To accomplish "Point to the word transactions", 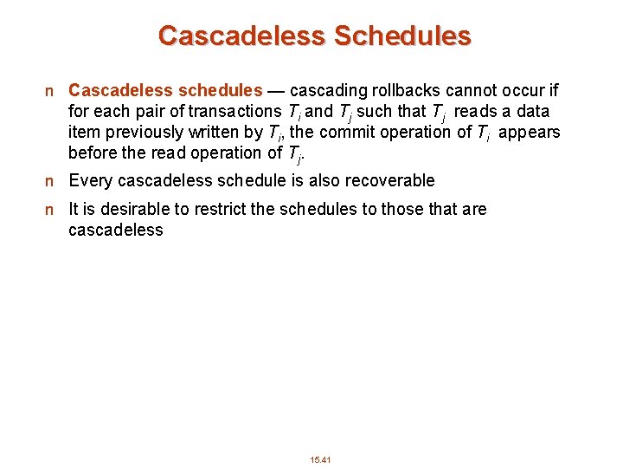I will click(234, 111).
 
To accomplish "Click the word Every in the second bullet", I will click(87, 180).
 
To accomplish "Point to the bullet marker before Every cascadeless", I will click(51, 181).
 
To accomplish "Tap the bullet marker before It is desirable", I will click(51, 210).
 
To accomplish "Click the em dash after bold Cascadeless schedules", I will click(276, 90).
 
